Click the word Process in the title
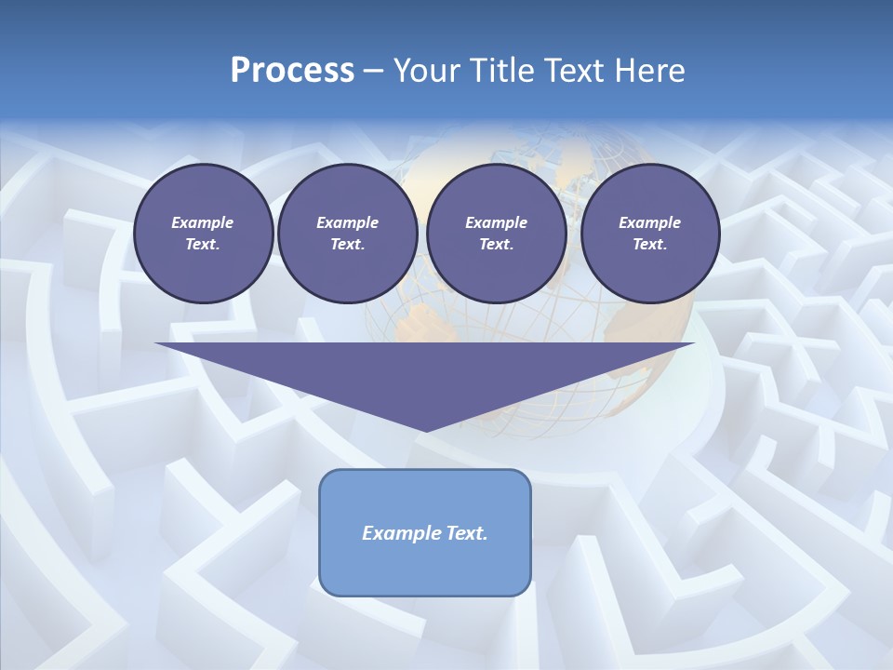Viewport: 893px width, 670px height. tap(292, 71)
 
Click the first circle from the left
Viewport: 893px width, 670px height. tap(203, 233)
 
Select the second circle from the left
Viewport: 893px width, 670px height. tap(347, 233)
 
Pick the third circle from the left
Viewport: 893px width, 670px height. tap(496, 233)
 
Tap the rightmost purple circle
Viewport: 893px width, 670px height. tap(650, 233)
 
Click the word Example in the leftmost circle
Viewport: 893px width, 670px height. tap(203, 222)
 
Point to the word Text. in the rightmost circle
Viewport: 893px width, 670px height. tap(650, 244)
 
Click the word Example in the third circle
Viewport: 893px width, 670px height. tap(496, 222)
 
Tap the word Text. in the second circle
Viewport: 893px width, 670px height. tap(347, 244)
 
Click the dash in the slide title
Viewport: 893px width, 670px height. tap(373, 72)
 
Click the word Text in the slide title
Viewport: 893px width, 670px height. tap(574, 71)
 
